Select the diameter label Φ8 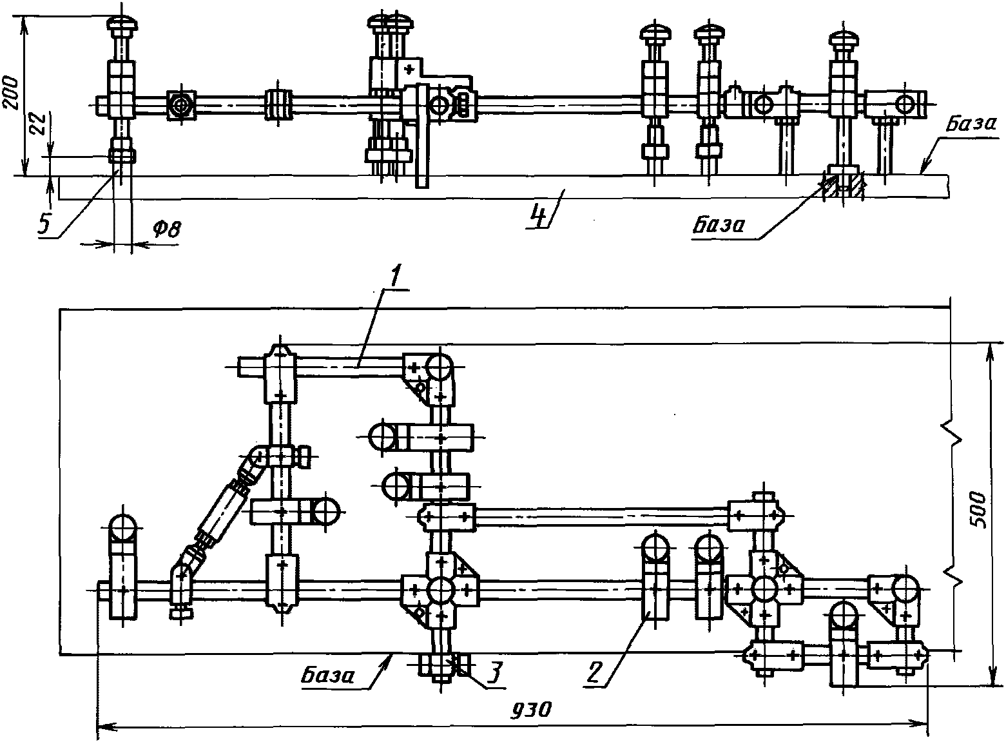[167, 229]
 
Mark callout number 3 [494, 671]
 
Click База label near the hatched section [718, 224]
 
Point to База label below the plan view [328, 675]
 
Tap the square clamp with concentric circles [181, 105]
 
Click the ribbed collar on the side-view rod [278, 105]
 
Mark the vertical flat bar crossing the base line [421, 135]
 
